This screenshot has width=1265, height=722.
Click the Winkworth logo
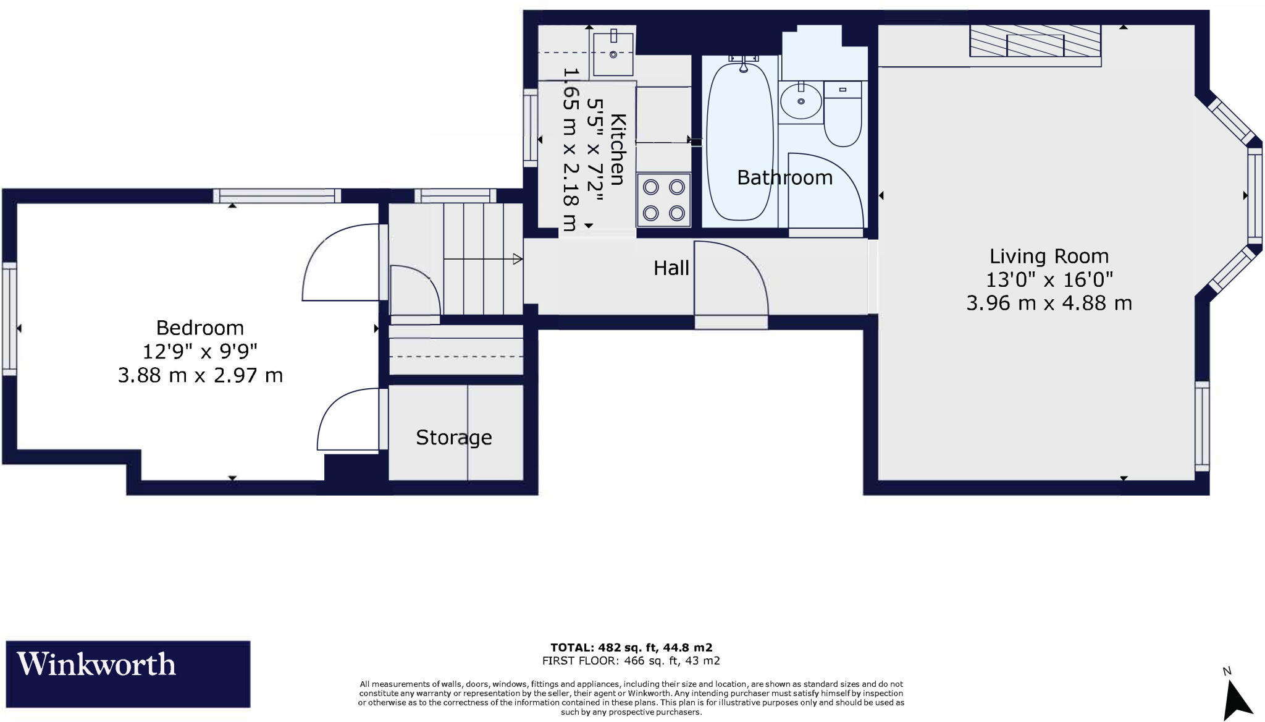(x=128, y=673)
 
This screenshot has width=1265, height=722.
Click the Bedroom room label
(x=200, y=328)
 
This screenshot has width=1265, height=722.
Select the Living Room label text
(x=1049, y=256)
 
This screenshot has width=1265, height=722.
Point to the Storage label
(x=453, y=438)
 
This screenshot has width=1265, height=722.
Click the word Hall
(x=671, y=268)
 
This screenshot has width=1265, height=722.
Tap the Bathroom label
(x=784, y=178)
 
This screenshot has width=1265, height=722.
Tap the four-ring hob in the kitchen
(x=663, y=200)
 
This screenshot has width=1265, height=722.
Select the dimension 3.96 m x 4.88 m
(x=1049, y=304)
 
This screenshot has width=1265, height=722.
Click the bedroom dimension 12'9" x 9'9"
(x=200, y=352)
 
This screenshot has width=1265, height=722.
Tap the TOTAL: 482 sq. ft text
(x=631, y=647)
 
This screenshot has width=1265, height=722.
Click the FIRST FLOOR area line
(x=631, y=661)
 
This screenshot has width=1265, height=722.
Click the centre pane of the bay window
(x=1254, y=195)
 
